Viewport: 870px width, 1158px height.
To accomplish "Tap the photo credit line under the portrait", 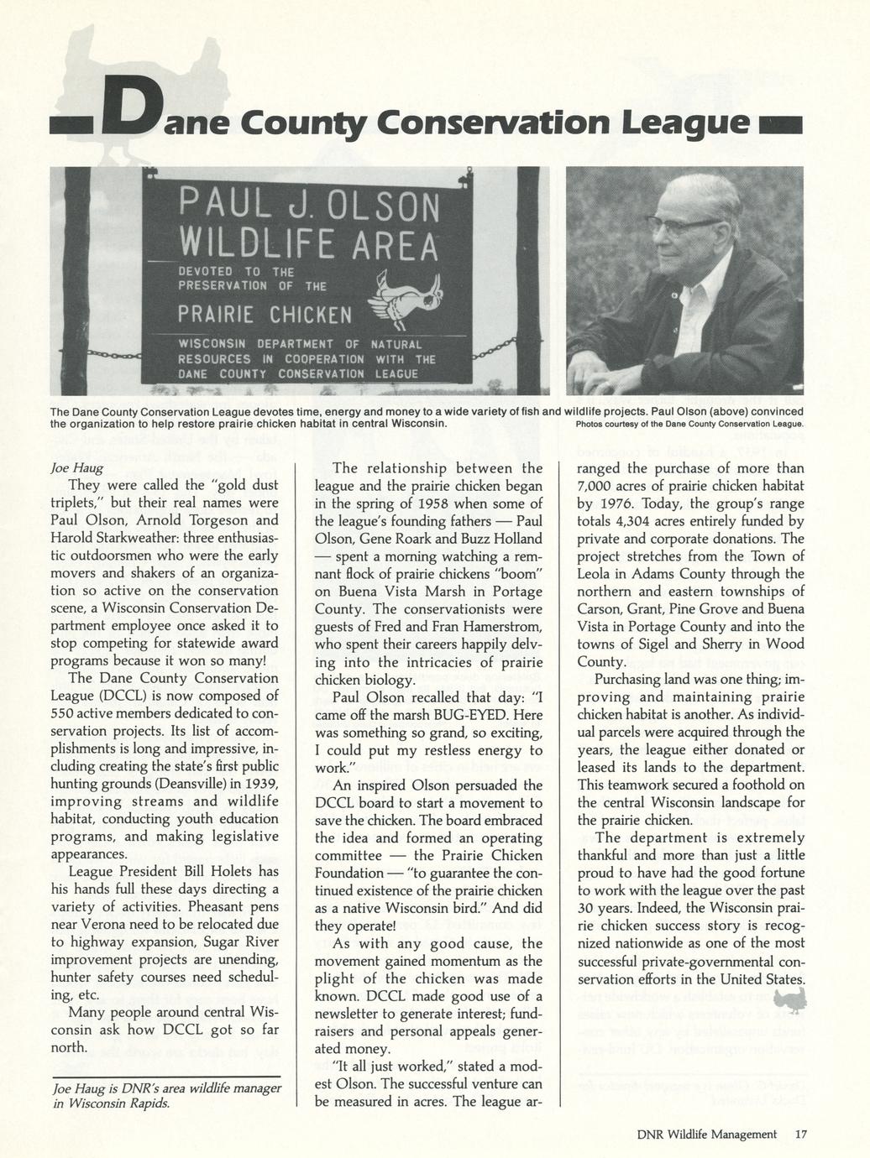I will [x=689, y=423].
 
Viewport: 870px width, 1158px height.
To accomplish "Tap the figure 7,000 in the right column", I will [x=598, y=486].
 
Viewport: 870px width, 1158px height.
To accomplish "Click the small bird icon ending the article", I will [x=789, y=999].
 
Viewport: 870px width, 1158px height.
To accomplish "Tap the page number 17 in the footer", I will [x=800, y=1135].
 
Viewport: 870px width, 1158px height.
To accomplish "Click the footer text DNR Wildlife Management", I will [x=706, y=1135].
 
